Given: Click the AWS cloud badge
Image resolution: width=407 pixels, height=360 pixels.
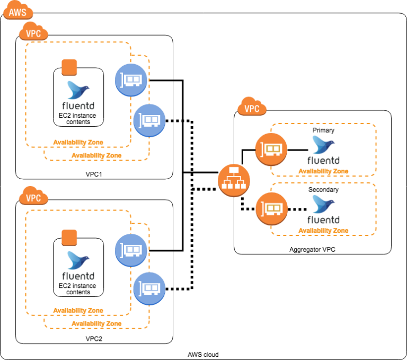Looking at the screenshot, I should (x=17, y=12).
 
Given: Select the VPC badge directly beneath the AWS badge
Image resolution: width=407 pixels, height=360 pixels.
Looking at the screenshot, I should (x=33, y=33).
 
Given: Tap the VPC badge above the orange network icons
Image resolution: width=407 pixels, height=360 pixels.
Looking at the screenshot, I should (x=252, y=108).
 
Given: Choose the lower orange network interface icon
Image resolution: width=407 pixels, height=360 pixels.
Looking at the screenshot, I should (x=272, y=208).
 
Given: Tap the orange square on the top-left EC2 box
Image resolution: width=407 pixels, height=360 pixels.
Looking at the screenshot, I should (x=69, y=67).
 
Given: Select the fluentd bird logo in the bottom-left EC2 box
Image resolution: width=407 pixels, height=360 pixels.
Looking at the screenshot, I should (x=78, y=260).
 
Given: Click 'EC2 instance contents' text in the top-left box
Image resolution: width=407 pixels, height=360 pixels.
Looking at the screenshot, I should (x=78, y=119).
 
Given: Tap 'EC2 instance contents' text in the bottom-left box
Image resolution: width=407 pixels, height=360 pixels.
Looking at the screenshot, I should (x=78, y=289).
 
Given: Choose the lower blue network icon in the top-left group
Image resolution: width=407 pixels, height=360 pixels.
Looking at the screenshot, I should (x=150, y=120).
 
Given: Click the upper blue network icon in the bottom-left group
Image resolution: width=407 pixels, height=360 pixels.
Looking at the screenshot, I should (x=131, y=250).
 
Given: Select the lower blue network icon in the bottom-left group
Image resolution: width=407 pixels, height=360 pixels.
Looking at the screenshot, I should (x=150, y=288).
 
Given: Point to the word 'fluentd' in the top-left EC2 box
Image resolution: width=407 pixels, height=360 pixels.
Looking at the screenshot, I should (x=78, y=106).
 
